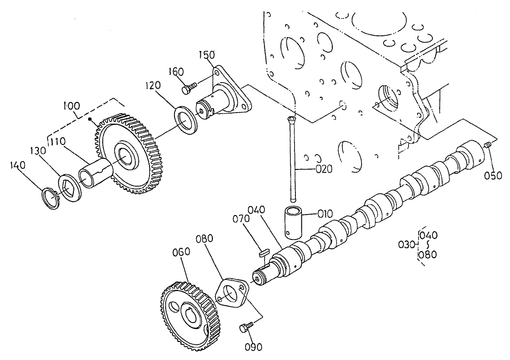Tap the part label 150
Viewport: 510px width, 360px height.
click(207, 55)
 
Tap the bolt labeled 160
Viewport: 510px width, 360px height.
click(189, 88)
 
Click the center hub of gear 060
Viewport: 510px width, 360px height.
click(191, 317)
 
